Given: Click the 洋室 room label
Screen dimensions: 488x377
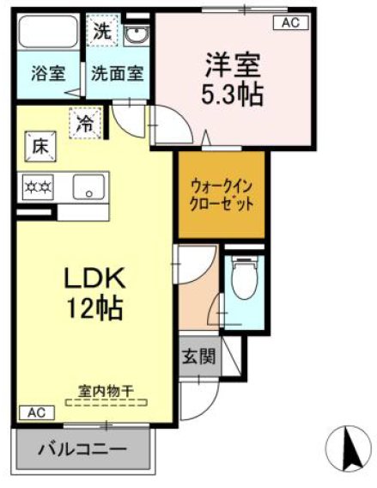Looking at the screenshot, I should pyautogui.click(x=232, y=64).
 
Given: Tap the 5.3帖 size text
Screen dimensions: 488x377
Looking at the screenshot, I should pyautogui.click(x=232, y=92).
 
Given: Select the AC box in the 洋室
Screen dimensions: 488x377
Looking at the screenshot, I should pyautogui.click(x=290, y=23).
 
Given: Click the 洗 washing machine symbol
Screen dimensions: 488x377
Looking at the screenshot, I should pyautogui.click(x=102, y=34).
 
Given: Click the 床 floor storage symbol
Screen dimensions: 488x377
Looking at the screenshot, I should pyautogui.click(x=40, y=146).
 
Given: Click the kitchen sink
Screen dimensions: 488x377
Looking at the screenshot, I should pyautogui.click(x=88, y=186).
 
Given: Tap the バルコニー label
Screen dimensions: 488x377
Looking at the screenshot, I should pyautogui.click(x=83, y=448).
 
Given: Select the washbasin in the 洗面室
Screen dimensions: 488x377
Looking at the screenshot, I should pyautogui.click(x=137, y=35).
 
